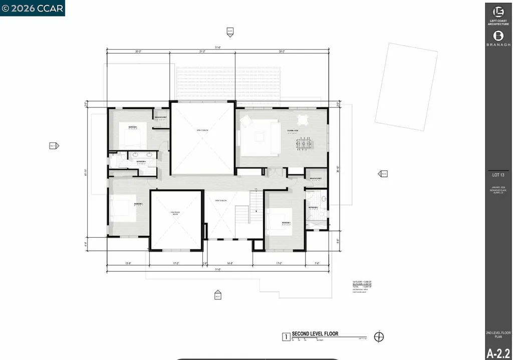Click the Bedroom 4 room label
tap(139, 204)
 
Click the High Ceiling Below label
tap(176, 214)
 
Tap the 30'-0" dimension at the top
tap(282, 52)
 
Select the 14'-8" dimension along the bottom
tap(230, 263)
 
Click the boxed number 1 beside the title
tap(285, 337)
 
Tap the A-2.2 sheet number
tap(498, 351)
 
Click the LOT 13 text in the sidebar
tap(498, 175)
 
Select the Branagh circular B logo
tap(498, 36)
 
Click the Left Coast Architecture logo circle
tap(498, 12)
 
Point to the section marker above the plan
tap(230, 32)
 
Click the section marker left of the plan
tap(54, 146)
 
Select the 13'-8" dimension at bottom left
tap(128, 263)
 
